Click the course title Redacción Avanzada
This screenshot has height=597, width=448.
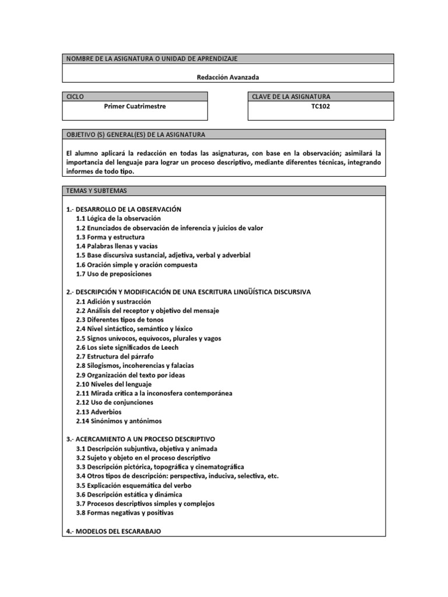(228, 76)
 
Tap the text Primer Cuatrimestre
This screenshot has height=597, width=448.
(135, 107)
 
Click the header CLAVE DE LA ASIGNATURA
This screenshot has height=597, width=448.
(291, 96)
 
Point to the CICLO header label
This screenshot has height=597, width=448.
(76, 96)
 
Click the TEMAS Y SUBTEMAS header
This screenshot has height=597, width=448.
(97, 191)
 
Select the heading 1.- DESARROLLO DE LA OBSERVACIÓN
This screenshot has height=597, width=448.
(124, 209)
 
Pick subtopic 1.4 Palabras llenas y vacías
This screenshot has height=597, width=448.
(117, 246)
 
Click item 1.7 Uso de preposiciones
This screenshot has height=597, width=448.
(114, 273)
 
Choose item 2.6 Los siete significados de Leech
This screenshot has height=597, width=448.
(127, 347)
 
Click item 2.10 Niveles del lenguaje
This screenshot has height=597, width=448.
(114, 384)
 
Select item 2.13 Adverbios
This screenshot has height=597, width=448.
(99, 412)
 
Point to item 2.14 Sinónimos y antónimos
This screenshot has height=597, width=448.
(119, 421)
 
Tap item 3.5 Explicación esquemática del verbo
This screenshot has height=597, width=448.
(134, 485)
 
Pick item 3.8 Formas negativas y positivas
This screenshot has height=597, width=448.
(124, 513)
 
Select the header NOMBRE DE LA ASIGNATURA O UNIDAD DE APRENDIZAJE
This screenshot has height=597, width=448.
(152, 59)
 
